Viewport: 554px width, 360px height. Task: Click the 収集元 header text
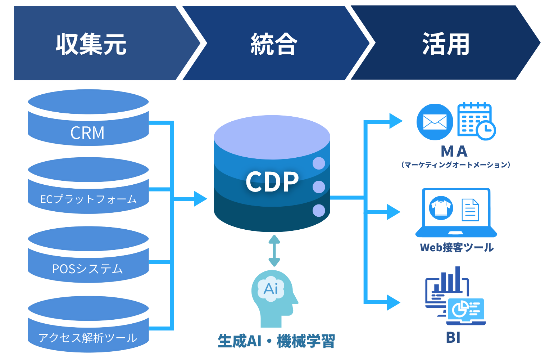pos(91,44)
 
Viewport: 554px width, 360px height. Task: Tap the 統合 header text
pos(274,44)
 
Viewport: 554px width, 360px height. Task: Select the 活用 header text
pos(446,44)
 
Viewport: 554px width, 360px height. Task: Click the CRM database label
pos(87,133)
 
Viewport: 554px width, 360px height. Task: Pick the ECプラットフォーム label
pos(88,199)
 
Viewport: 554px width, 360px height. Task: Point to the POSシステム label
pos(87,269)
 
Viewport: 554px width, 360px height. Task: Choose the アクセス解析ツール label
pos(88,338)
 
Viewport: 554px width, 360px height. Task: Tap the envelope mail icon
pos(435,122)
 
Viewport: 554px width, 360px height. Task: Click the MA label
pos(454,151)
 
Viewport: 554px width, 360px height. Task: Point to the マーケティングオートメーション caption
pos(455,165)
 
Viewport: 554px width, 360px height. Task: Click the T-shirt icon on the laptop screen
pos(441,208)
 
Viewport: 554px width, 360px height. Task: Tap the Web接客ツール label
pos(457,247)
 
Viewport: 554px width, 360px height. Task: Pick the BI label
pos(453,337)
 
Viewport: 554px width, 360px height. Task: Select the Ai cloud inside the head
pos(271,288)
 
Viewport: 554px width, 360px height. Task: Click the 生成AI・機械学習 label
pos(276,341)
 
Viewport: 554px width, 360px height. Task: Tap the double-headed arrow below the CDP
pos(274,251)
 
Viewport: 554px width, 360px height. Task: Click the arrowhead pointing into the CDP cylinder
pos(200,199)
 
